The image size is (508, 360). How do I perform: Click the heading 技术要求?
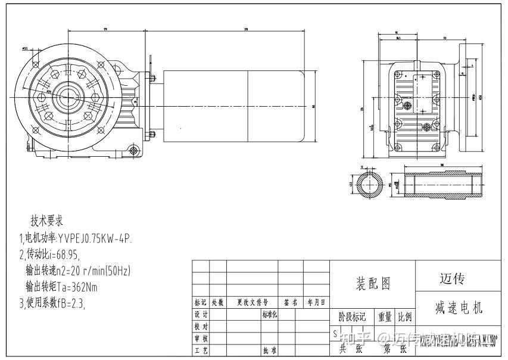47,220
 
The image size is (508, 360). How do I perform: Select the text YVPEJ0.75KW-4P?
95,238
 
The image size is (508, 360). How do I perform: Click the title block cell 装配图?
373,284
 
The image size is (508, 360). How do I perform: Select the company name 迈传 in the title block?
452,278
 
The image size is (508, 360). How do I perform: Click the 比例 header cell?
404,316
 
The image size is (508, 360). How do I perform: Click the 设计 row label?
201,315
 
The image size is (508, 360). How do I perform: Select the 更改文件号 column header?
253,303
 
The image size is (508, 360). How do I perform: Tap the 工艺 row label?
201,351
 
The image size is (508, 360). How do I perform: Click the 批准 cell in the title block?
269,351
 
